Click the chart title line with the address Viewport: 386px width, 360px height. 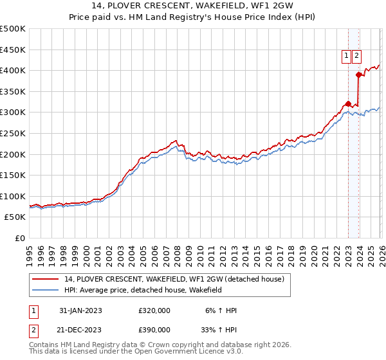coord(192,6)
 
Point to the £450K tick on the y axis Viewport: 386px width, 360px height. coord(13,50)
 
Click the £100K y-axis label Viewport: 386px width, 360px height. coord(13,196)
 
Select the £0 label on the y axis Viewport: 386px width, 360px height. coord(21,239)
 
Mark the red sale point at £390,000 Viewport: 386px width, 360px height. coord(358,75)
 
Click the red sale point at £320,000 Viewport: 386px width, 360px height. coord(348,104)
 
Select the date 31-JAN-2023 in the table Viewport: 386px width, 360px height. coord(80,310)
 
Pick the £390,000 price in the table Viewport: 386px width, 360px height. coord(154,329)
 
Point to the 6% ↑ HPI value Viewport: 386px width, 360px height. coord(220,310)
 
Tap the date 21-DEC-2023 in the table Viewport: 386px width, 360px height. coord(80,329)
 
